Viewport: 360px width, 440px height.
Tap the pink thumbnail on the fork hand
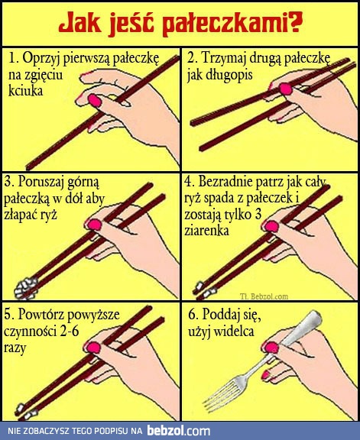click(x=268, y=374)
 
